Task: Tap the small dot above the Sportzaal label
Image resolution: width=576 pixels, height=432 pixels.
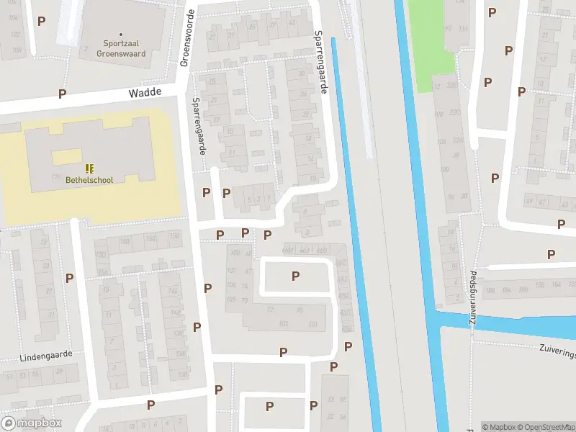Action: point(121,34)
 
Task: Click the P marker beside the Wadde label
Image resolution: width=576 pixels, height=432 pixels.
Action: point(63,94)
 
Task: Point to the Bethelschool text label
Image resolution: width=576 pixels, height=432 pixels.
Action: point(89,180)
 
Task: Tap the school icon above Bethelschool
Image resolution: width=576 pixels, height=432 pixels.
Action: point(89,168)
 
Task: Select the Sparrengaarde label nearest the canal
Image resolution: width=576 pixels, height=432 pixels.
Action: point(321,62)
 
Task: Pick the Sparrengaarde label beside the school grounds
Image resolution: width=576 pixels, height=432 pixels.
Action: point(199,127)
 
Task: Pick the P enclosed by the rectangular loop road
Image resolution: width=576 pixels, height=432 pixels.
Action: point(295,276)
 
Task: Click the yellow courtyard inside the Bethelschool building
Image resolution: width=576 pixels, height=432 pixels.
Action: point(67,157)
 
